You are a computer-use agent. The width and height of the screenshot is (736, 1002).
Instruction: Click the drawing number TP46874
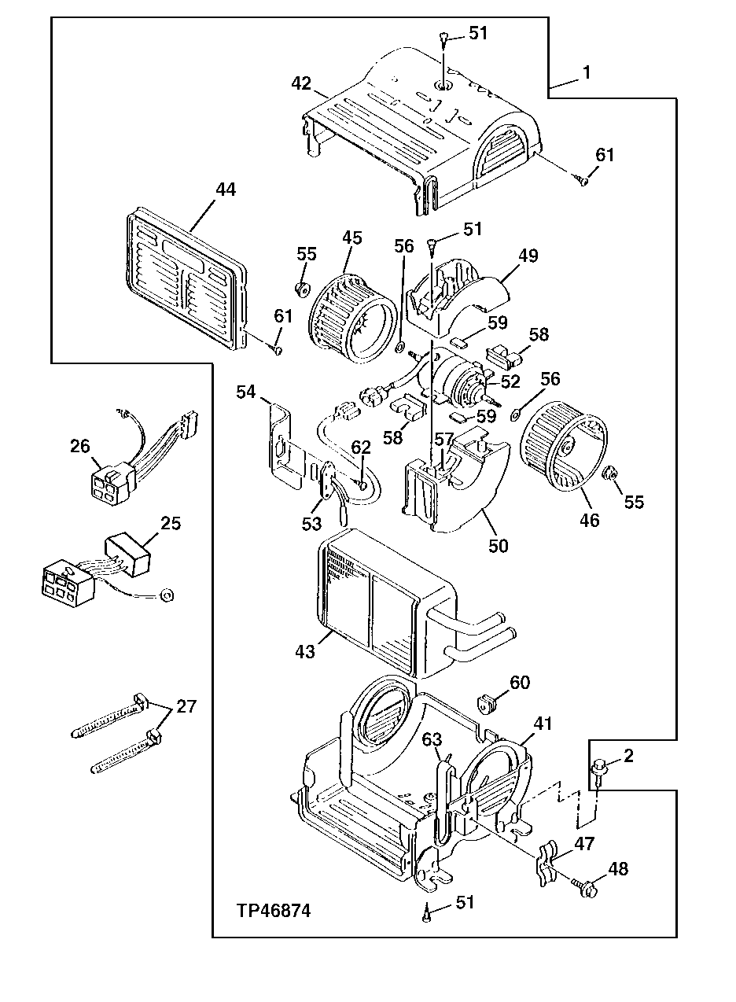(274, 911)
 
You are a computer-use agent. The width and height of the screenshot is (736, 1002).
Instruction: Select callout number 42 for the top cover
(301, 83)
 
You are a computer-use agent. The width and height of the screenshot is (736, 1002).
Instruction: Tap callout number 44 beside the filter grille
(226, 190)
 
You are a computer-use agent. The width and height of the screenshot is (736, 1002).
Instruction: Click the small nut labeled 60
(488, 703)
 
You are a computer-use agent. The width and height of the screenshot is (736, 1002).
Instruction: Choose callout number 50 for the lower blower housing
(499, 545)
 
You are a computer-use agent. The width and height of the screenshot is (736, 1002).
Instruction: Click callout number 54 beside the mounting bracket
(246, 392)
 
